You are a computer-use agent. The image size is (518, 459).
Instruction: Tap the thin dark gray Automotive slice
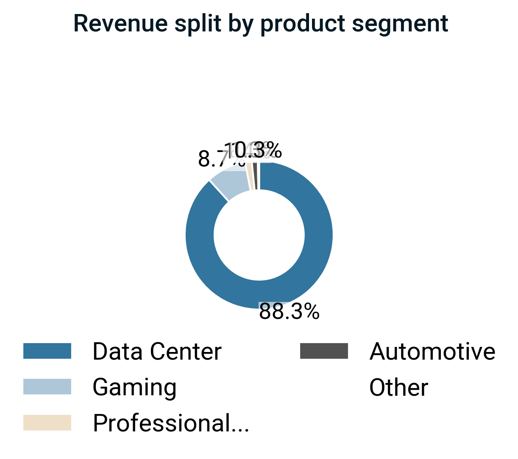coord(255,176)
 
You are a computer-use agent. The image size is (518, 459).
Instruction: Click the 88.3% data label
coord(289,312)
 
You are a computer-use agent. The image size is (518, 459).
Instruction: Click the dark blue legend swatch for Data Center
coord(47,351)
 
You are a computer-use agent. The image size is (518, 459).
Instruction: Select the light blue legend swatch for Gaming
coord(47,387)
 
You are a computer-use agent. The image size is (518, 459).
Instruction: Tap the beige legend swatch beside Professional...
coord(47,423)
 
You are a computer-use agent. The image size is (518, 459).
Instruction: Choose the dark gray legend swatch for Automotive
coord(324,351)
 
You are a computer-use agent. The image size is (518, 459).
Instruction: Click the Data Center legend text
coord(157,352)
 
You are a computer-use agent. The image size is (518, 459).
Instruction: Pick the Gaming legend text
coord(134,388)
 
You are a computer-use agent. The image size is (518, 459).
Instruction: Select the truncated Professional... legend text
coord(171,423)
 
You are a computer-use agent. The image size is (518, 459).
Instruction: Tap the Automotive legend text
coord(432,352)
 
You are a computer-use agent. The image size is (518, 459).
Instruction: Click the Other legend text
coord(398,388)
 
